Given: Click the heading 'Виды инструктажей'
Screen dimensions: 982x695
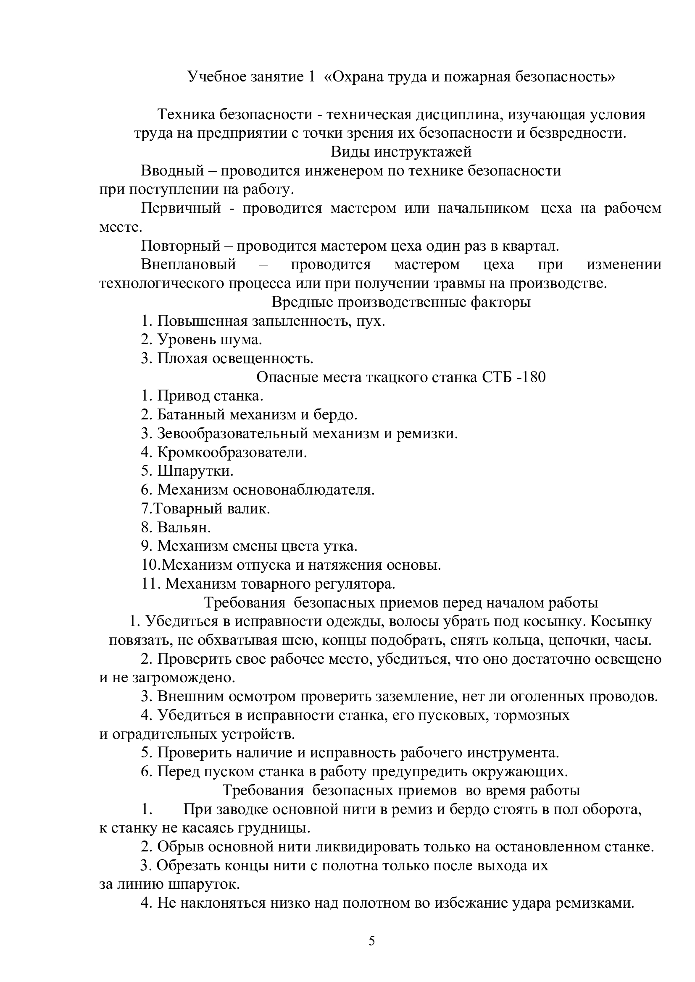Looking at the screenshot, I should (401, 152).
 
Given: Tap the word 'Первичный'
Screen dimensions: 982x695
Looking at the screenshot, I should (181, 208).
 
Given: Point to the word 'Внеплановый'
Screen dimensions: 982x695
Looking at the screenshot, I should (188, 264).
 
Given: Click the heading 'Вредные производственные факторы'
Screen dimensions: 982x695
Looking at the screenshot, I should (401, 302).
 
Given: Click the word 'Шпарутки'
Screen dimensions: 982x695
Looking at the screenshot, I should (195, 471).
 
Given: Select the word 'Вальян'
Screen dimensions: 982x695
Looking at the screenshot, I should (184, 527).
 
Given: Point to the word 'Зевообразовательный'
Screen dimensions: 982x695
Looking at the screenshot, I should (232, 433).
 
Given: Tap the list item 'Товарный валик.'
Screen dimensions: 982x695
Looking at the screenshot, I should (211, 508).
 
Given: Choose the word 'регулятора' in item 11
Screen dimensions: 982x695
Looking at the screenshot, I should (355, 584).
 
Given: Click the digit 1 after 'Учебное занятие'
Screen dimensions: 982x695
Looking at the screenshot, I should (311, 77).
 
